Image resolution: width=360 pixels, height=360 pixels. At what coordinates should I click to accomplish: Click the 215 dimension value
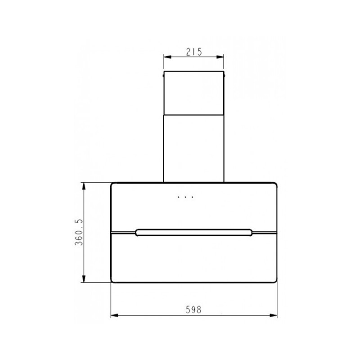(194, 52)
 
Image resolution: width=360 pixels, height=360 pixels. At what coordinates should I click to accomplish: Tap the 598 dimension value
(193, 310)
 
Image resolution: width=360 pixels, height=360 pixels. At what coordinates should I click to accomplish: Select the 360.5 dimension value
(79, 232)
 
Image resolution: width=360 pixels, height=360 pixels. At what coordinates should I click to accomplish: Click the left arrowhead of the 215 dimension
(167, 57)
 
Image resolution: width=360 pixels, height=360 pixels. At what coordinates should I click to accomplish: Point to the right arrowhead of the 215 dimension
(220, 57)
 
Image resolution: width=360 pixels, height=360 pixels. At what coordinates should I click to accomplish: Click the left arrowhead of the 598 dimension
(115, 315)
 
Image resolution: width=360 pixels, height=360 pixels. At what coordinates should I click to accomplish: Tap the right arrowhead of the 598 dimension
(273, 315)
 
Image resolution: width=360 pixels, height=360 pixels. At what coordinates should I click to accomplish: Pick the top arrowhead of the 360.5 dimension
(84, 186)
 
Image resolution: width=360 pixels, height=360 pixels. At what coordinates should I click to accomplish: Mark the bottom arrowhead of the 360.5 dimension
(84, 279)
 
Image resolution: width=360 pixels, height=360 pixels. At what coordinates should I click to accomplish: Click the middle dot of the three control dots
(185, 197)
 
